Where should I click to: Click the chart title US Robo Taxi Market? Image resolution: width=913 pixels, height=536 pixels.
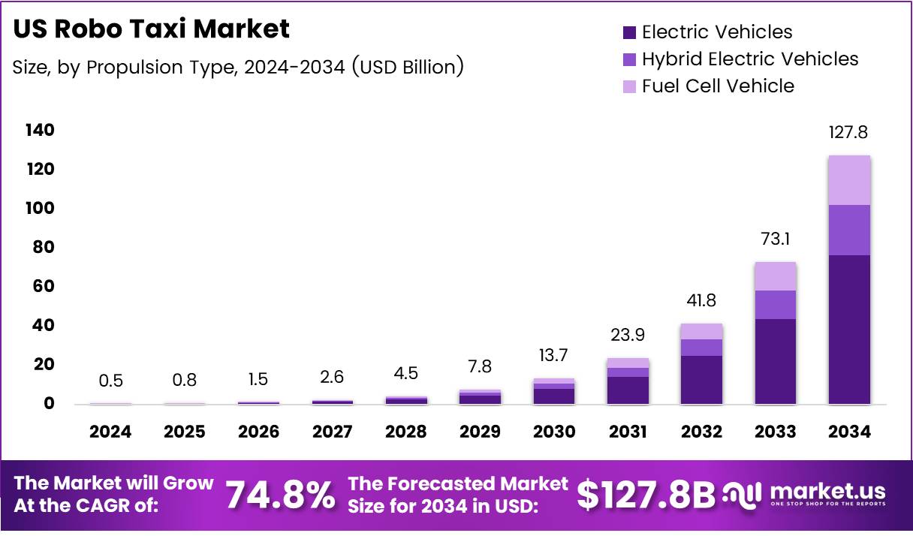[x=151, y=29]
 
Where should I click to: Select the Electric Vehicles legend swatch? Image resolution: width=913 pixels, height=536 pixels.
[x=630, y=32]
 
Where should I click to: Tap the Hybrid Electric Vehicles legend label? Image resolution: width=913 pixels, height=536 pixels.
[x=749, y=59]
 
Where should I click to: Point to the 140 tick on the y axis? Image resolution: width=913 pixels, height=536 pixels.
[x=40, y=131]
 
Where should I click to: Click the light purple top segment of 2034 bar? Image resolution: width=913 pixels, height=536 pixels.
[x=849, y=180]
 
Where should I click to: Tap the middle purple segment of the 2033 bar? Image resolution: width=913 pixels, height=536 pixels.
[x=775, y=304]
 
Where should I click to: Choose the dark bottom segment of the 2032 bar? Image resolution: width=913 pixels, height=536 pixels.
[x=701, y=379]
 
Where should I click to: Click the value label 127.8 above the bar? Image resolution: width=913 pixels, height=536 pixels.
[x=849, y=132]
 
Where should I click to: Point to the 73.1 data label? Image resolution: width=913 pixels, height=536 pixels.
[x=775, y=239]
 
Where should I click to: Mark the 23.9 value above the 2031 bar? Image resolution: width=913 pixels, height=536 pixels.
[x=628, y=335]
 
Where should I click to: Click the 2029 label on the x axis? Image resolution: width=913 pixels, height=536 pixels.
[x=480, y=432]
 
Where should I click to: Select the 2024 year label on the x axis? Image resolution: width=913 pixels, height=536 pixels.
[x=110, y=432]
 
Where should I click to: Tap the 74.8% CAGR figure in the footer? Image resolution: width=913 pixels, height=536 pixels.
[x=280, y=494]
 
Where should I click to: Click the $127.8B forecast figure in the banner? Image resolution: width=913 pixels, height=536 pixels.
[x=646, y=494]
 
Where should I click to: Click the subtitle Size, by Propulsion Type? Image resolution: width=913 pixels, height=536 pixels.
[x=237, y=67]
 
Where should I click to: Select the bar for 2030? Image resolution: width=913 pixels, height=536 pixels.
[x=553, y=391]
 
